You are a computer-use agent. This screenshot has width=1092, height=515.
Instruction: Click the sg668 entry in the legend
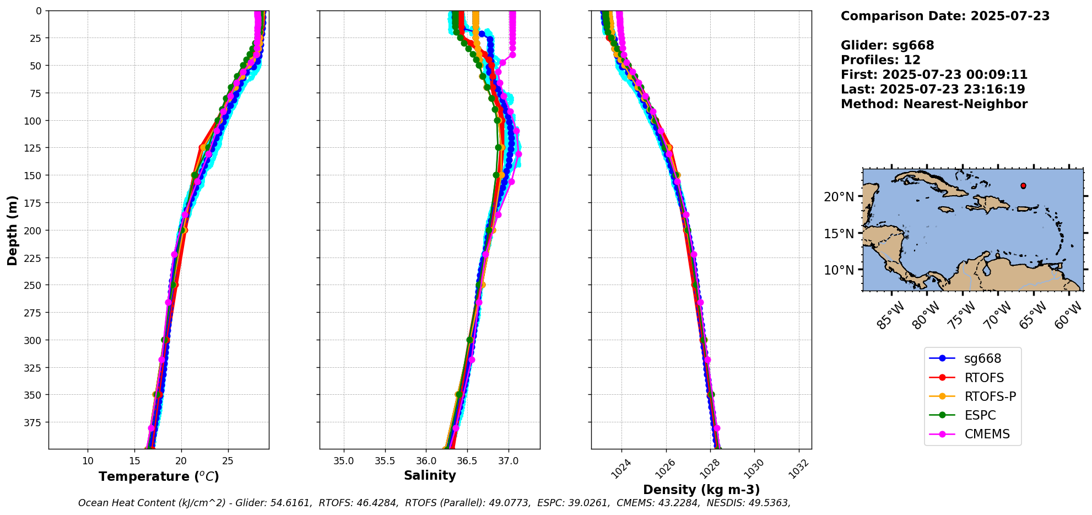click(x=982, y=359)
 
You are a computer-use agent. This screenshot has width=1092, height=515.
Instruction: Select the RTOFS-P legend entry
click(x=990, y=397)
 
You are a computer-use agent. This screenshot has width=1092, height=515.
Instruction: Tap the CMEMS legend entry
click(x=987, y=434)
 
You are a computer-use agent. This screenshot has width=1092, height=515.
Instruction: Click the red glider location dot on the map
click(x=1023, y=186)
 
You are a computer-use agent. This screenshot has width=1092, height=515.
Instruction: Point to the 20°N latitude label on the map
click(x=839, y=197)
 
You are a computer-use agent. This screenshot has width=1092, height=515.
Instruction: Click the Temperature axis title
click(x=159, y=476)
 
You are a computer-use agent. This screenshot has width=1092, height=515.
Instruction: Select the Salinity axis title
click(x=430, y=476)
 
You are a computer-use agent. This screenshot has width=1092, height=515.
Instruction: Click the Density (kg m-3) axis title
click(x=701, y=490)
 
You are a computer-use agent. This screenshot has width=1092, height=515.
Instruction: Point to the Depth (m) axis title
click(x=12, y=230)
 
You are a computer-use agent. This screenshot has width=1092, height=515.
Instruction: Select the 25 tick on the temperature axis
click(x=228, y=461)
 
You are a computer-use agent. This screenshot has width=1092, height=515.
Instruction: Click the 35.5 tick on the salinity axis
click(x=385, y=461)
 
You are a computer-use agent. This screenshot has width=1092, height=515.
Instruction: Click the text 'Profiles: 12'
click(x=880, y=60)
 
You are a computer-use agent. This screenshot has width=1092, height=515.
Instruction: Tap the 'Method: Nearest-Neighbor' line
click(x=934, y=104)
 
